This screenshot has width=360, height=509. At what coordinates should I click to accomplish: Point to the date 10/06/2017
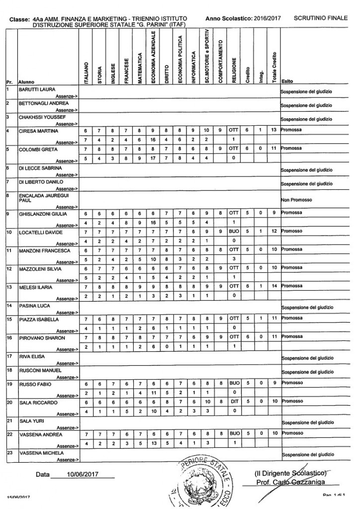click(x=83, y=474)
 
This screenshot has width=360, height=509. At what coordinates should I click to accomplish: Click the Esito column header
click(x=287, y=82)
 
